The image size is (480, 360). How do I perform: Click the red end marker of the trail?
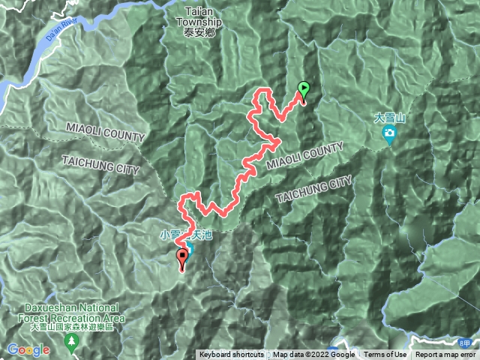pyautogui.click(x=182, y=259)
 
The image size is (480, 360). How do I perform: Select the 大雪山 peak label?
pyautogui.click(x=389, y=118)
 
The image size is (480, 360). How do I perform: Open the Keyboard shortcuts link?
pyautogui.click(x=231, y=355)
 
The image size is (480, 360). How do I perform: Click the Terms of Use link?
pyautogui.click(x=385, y=355)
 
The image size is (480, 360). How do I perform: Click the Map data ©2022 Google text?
pyautogui.click(x=313, y=355)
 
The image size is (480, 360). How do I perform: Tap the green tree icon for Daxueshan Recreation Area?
pyautogui.click(x=72, y=343)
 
